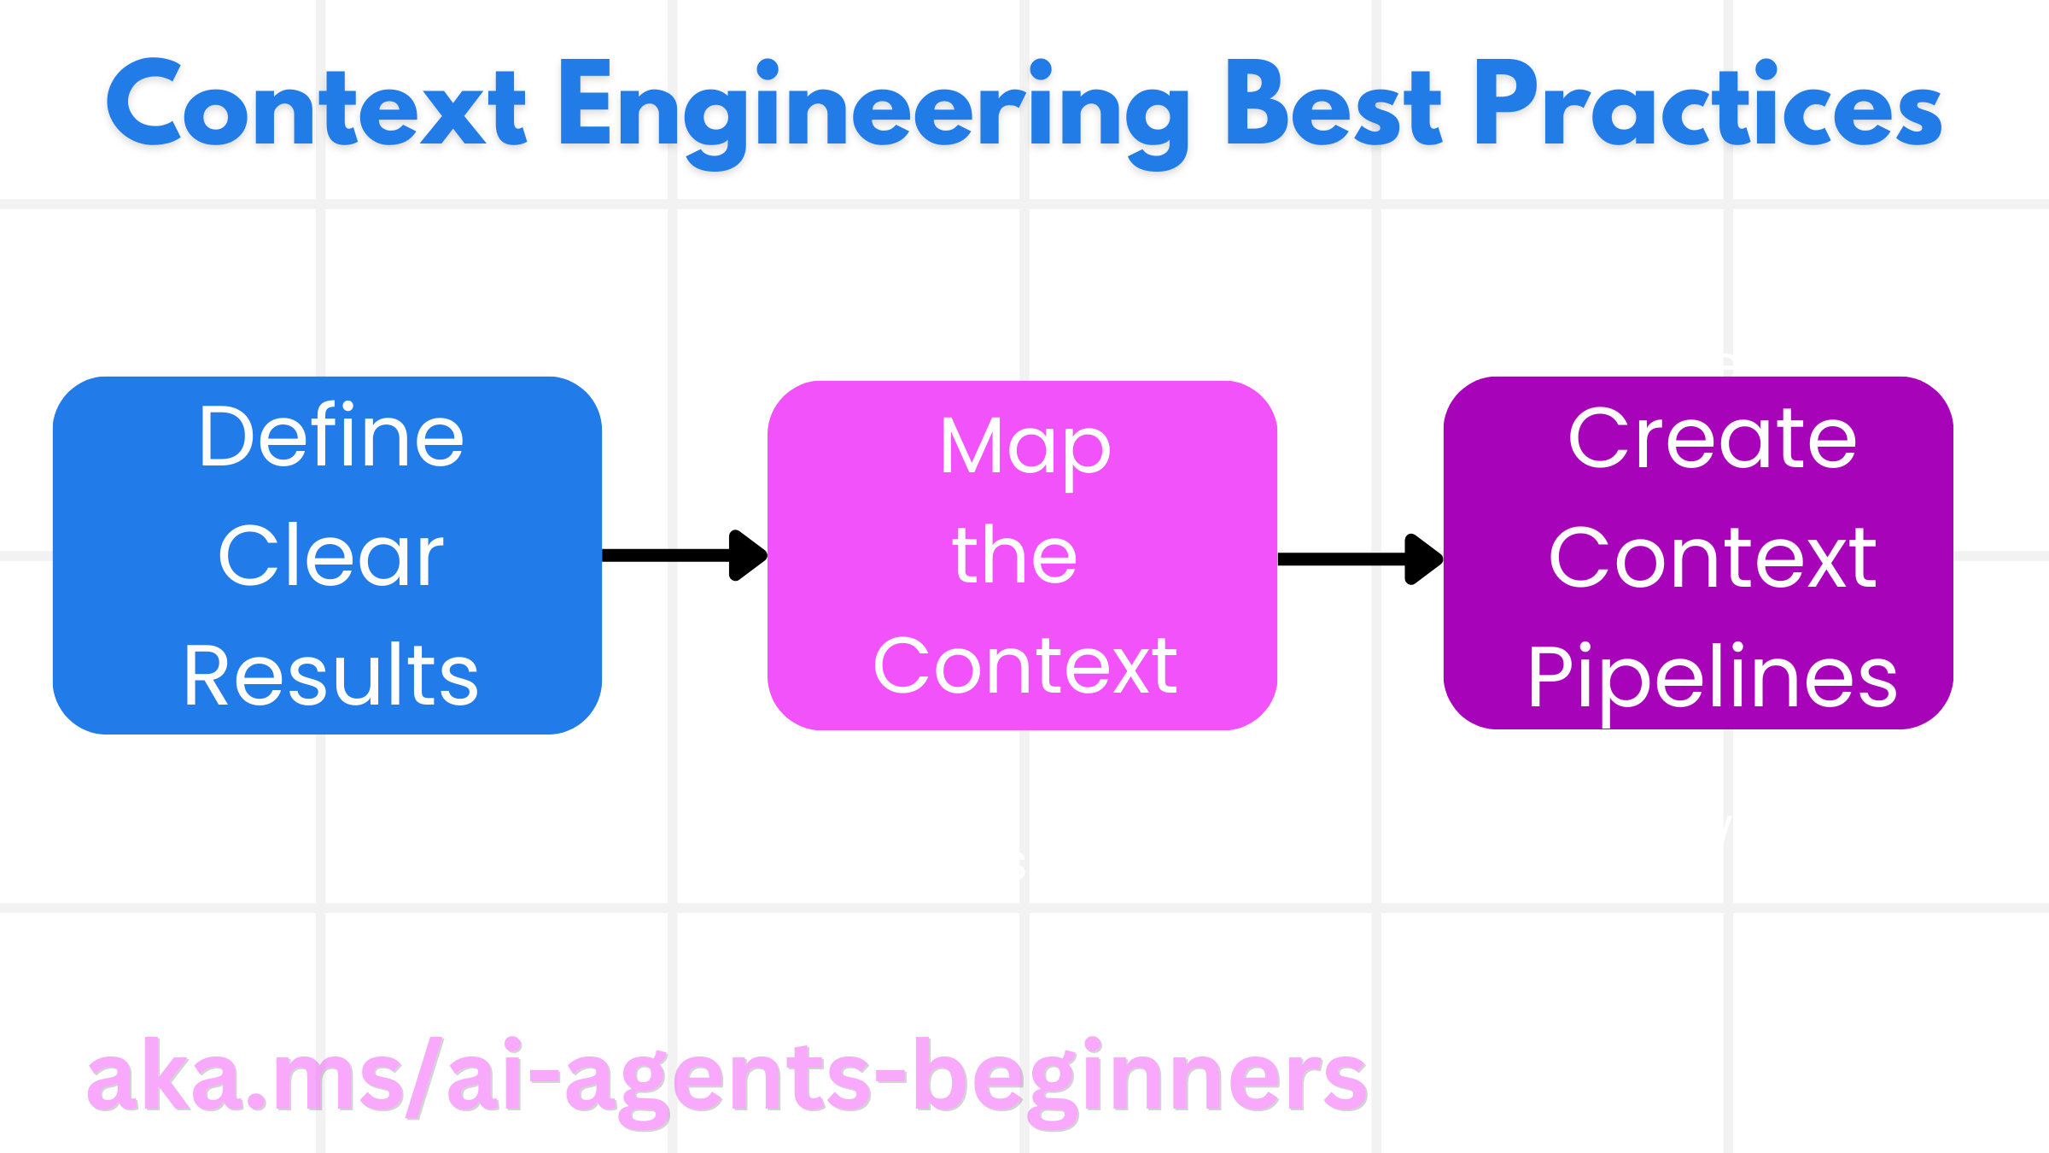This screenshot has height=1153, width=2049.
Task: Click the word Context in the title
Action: (316, 107)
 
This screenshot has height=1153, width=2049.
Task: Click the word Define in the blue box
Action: (331, 438)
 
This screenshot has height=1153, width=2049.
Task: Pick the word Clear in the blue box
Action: (331, 557)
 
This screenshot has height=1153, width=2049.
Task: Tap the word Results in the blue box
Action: (331, 676)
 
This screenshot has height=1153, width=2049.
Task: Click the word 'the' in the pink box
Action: (1016, 557)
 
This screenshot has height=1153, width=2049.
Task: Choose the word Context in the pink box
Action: (1024, 667)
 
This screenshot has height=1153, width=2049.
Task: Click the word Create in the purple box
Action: (1712, 440)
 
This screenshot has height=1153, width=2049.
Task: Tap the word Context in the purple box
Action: (1712, 559)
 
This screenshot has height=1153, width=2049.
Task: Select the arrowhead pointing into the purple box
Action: (1423, 559)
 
